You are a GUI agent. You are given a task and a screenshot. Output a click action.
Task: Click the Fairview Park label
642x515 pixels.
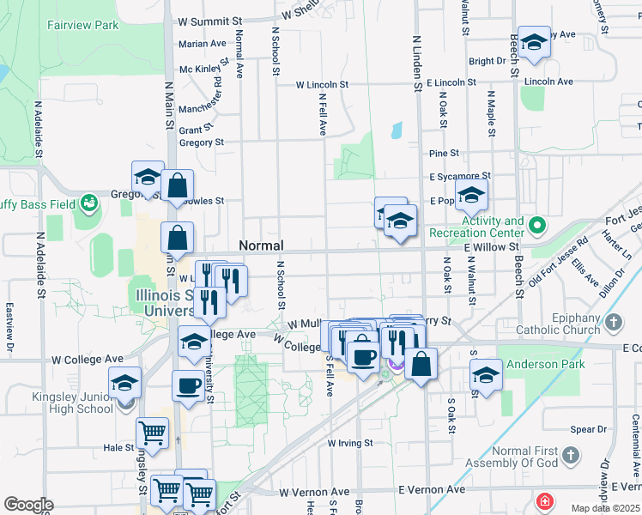tap(83, 26)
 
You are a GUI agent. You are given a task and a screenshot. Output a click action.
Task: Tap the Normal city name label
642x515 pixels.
tap(261, 245)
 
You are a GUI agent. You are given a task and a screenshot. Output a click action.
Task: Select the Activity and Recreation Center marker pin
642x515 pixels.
tap(537, 227)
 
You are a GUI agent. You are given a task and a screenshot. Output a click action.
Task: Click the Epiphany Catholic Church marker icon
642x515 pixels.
tap(613, 322)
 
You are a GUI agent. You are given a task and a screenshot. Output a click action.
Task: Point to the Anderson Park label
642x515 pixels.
tap(546, 365)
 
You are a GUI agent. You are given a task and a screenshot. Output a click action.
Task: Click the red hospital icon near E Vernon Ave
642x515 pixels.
tap(543, 500)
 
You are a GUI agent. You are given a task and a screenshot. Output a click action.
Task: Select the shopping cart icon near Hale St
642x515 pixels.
tap(153, 434)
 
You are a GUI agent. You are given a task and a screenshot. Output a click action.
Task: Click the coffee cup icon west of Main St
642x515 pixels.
tap(188, 386)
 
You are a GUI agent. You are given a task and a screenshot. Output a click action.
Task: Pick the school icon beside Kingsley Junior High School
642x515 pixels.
tap(125, 382)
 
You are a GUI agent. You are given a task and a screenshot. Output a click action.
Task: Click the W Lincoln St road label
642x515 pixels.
tap(322, 85)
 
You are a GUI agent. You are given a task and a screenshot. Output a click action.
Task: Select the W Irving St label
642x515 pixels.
tap(350, 444)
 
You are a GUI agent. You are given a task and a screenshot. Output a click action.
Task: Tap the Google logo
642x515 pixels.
tap(28, 505)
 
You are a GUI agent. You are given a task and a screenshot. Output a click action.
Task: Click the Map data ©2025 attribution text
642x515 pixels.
tap(605, 508)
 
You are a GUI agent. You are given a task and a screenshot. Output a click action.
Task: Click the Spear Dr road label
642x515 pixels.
tap(589, 429)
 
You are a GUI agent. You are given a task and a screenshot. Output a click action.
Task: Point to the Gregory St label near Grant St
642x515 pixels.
tap(202, 142)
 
